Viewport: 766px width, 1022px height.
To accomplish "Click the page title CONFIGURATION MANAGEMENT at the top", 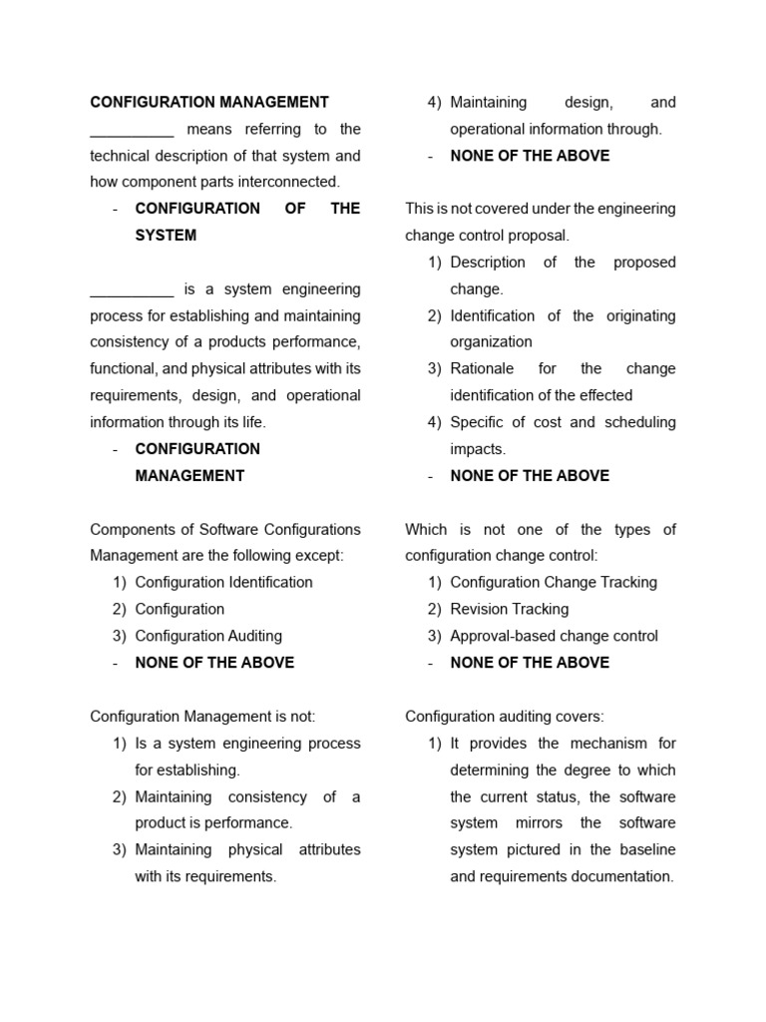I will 209,102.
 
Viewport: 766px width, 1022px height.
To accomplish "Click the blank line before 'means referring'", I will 132,130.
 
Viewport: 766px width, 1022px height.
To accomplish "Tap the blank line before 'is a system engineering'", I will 132,289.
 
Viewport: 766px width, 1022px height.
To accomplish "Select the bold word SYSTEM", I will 166,236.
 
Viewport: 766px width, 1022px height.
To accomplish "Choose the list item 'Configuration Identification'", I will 223,582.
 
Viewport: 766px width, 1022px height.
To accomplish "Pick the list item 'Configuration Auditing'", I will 208,636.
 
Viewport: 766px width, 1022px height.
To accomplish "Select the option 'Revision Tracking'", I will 509,609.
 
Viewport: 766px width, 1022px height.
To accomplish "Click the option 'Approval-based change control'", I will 554,636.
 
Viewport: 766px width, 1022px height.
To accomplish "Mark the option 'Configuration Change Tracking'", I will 554,582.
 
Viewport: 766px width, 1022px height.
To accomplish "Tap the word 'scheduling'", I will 640,422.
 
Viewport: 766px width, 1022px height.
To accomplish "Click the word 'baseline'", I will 644,849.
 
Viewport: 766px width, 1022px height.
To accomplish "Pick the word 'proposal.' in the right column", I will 541,236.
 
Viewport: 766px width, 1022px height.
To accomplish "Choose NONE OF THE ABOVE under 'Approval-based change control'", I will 530,663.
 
